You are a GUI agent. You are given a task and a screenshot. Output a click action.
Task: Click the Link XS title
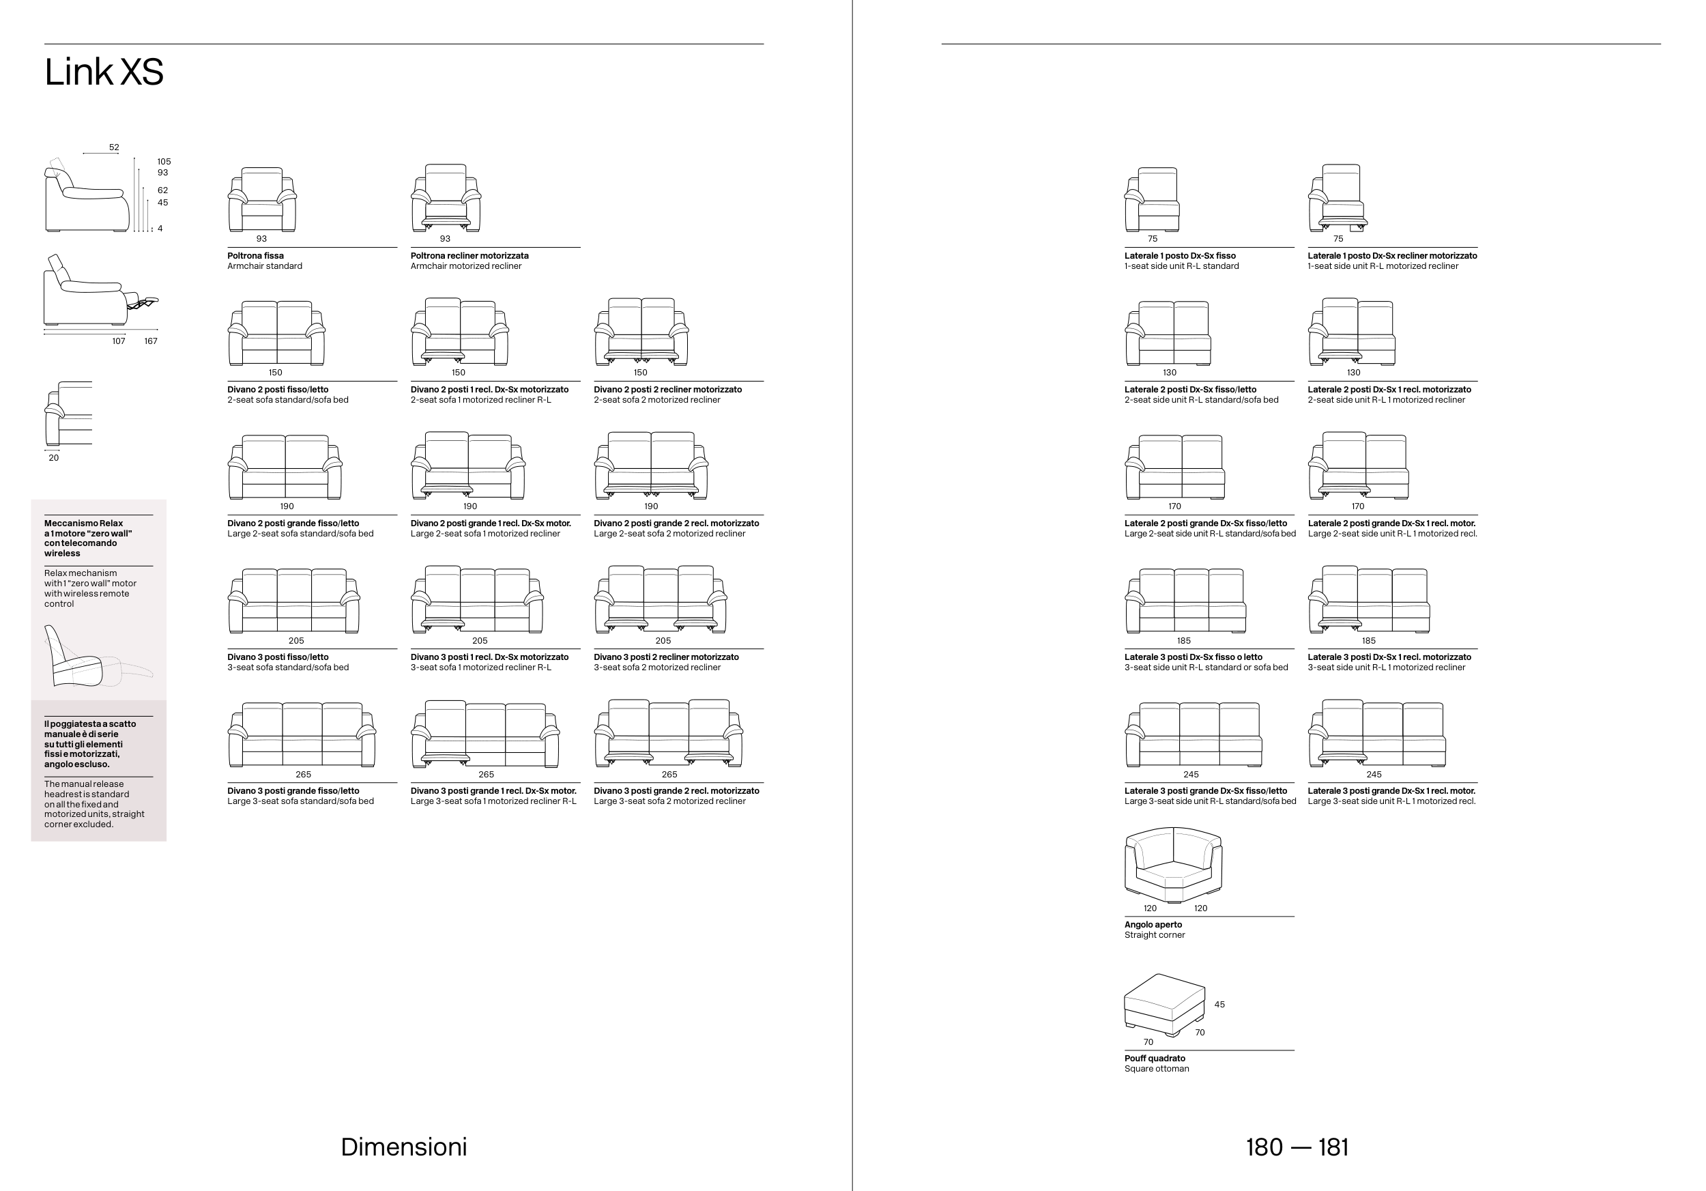(x=104, y=72)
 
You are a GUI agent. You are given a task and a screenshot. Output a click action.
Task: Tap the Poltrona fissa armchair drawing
(x=261, y=199)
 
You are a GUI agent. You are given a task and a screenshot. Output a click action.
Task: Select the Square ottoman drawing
(x=1164, y=1005)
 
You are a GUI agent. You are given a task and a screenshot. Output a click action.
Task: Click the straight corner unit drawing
(x=1173, y=865)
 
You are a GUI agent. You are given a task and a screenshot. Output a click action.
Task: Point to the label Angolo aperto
(x=1153, y=924)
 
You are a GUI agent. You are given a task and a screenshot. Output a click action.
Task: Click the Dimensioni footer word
(x=403, y=1147)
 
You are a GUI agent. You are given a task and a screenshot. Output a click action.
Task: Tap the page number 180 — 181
(x=1297, y=1147)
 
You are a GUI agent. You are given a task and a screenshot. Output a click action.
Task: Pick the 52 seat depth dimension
(x=114, y=147)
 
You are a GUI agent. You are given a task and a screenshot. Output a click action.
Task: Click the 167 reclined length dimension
(x=151, y=341)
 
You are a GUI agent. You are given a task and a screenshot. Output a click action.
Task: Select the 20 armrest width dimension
(x=53, y=458)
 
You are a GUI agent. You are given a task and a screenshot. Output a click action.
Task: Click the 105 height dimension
(x=164, y=161)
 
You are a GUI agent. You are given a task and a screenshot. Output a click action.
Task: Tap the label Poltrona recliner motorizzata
(x=469, y=255)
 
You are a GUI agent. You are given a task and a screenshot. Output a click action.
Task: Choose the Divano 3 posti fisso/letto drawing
(x=294, y=601)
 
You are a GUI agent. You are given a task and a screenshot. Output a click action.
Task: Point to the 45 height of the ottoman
(x=1219, y=1005)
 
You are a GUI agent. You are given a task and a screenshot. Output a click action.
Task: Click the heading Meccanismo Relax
(x=83, y=523)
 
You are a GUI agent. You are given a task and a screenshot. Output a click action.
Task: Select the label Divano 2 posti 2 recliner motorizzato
(x=667, y=389)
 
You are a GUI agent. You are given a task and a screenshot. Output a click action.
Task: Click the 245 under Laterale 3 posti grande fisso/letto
(x=1191, y=774)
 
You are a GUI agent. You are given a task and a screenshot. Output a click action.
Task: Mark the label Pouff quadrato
(x=1155, y=1058)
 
